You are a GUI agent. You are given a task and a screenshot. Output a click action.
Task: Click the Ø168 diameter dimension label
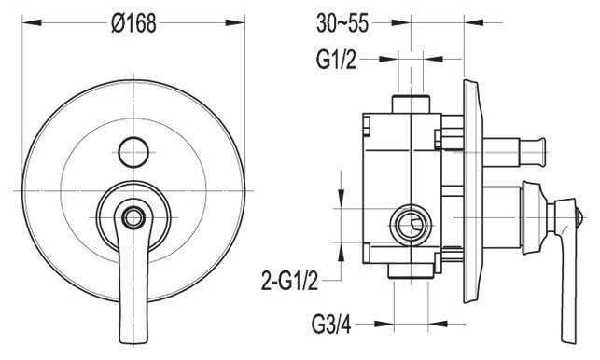tap(133, 23)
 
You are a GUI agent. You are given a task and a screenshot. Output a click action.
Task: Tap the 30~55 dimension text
tap(342, 23)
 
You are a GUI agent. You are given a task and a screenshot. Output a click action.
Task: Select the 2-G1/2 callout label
tap(289, 281)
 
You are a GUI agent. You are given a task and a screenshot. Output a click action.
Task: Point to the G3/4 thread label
tap(331, 325)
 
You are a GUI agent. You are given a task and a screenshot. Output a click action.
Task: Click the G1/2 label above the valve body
tap(336, 60)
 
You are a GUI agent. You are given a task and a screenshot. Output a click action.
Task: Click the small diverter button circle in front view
tap(133, 152)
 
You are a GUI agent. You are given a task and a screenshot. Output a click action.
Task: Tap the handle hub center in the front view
tap(133, 217)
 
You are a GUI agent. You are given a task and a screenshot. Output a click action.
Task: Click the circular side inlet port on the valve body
tap(411, 225)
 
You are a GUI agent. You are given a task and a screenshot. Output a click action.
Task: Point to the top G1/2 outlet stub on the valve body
tap(411, 104)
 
